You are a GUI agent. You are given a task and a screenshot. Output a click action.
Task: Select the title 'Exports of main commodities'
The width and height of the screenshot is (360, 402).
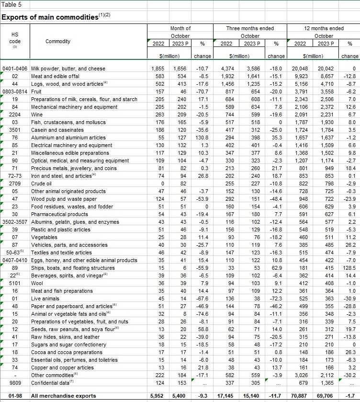point(49,17)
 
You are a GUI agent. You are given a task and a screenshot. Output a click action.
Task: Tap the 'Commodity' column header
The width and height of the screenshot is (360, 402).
point(58,41)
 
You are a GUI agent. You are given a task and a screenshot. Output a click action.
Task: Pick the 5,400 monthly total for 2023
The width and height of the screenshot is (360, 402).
point(178,396)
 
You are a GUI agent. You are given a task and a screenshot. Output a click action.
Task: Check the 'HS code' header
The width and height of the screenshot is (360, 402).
point(14,38)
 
